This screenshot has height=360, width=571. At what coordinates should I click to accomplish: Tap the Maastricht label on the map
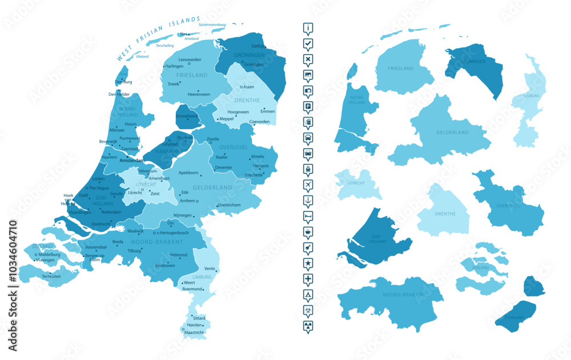coord(194,332)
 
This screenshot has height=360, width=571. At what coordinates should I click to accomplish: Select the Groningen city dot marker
coord(242,64)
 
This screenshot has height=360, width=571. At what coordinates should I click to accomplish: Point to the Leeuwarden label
coord(190,59)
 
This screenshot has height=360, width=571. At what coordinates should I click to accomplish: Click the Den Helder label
coord(119,94)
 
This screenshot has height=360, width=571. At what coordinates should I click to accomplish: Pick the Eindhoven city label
coord(165,266)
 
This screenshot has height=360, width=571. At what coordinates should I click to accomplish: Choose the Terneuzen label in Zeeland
coord(51,277)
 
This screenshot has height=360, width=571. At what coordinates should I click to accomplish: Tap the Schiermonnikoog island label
coord(212,25)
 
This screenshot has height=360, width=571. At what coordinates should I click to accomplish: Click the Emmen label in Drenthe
coord(267,111)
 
